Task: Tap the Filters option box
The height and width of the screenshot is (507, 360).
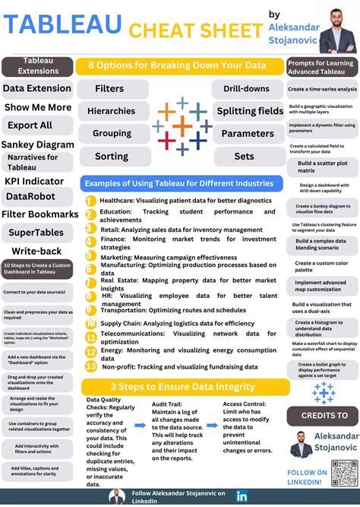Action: [x=110, y=89]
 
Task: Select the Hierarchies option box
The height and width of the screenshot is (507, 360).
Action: [x=111, y=111]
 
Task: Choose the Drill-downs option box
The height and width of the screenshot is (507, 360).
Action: [x=246, y=89]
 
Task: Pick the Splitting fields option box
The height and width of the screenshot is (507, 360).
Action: [x=250, y=111]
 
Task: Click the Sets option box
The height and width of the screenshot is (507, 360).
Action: [x=245, y=157]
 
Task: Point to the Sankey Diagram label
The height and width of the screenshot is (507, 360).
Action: [x=38, y=144]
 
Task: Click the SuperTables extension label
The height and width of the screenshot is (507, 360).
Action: [x=38, y=232]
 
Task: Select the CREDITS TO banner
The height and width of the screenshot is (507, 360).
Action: [x=324, y=417]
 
